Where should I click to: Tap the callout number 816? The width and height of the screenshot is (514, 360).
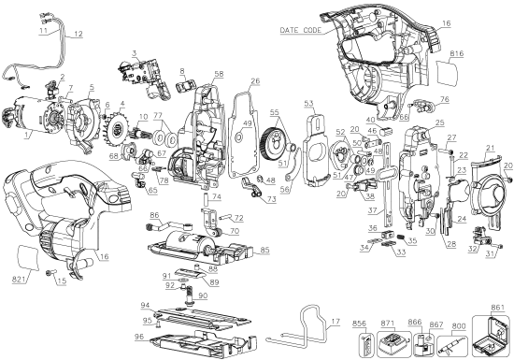click(457, 56)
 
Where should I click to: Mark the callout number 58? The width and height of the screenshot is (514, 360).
click(219, 73)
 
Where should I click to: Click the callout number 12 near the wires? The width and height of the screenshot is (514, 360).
click(78, 34)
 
